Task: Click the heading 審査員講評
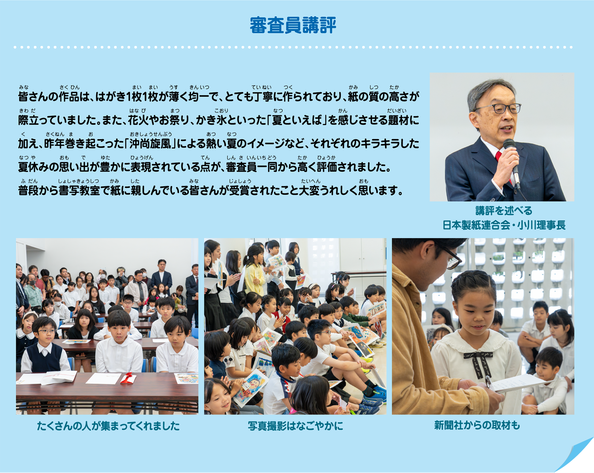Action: click(293, 25)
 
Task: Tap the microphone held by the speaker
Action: click(512, 162)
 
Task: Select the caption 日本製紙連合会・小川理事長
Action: click(504, 225)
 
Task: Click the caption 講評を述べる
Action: click(504, 210)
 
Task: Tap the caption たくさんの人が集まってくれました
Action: click(108, 426)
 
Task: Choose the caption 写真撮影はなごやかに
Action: click(295, 426)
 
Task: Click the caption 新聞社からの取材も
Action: click(477, 426)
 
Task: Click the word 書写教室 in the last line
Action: click(79, 190)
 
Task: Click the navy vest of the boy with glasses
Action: click(44, 358)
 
